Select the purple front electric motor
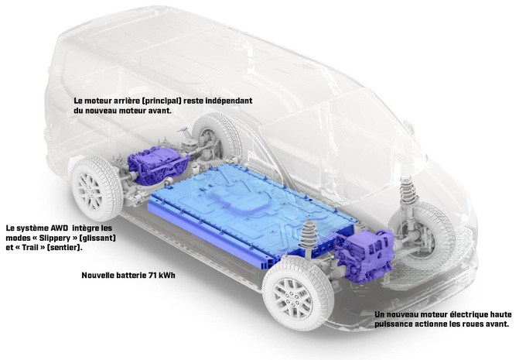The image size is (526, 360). (x=363, y=255)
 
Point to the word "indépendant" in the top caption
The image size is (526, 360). (x=227, y=101)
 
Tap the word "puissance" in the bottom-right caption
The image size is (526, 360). (x=394, y=324)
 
